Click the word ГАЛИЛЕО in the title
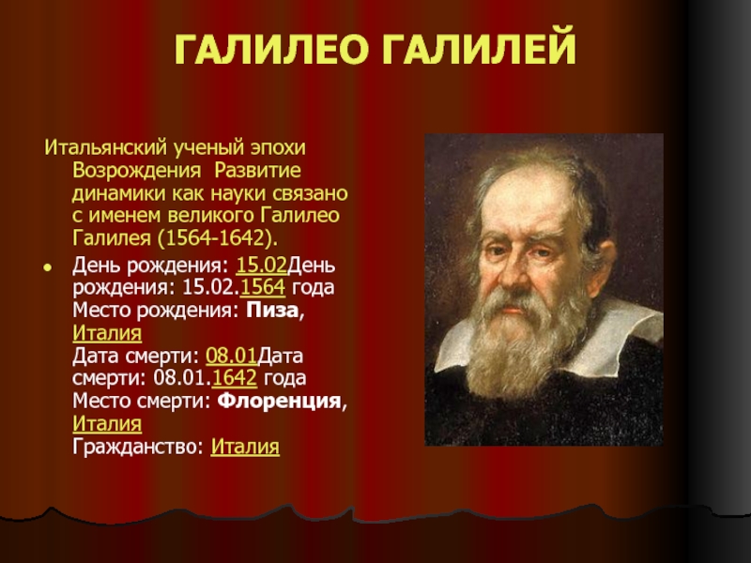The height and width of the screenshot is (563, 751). (x=271, y=50)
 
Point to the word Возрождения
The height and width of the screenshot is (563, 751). (x=136, y=171)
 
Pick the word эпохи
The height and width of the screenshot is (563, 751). (x=279, y=148)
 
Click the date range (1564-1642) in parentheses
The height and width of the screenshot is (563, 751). (x=218, y=238)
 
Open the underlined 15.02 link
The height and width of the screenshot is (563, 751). (x=262, y=265)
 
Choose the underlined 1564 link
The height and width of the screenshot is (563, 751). (x=263, y=287)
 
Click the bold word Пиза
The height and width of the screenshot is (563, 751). (x=272, y=311)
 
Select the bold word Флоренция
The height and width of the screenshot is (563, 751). (x=279, y=401)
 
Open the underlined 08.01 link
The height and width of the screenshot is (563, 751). (x=231, y=356)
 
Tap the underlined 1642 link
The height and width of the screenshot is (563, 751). (x=234, y=378)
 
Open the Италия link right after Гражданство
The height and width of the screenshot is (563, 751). (x=245, y=447)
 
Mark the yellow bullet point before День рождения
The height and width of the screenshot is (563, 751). (x=47, y=267)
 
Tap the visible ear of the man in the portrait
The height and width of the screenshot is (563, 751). (x=605, y=265)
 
